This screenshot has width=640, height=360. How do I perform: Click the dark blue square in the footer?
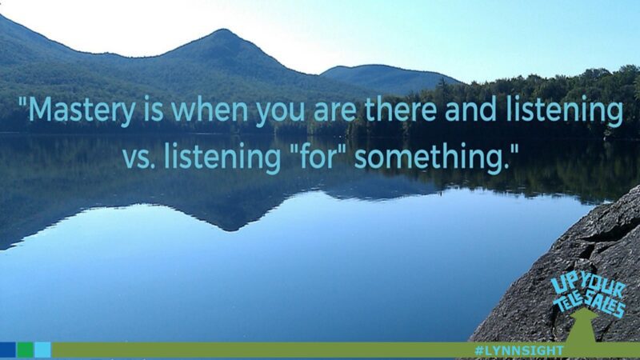coord(8,350)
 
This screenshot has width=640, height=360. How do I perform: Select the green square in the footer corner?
coord(26,350)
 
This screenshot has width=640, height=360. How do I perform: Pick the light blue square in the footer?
coord(43,350)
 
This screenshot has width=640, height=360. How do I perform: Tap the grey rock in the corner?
coord(544,264)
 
